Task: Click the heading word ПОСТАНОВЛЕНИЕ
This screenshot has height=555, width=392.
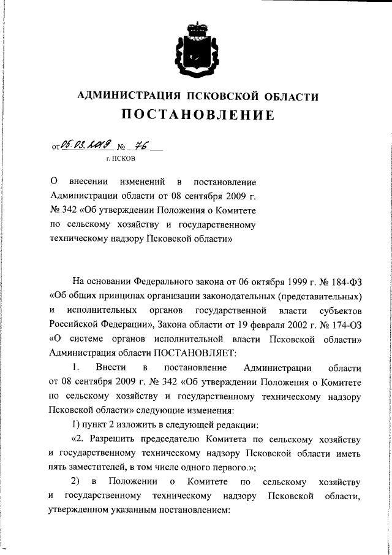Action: pyautogui.click(x=197, y=115)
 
